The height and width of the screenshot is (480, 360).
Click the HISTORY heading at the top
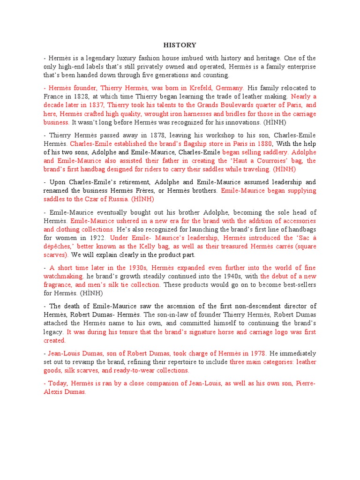[x=180, y=45]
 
